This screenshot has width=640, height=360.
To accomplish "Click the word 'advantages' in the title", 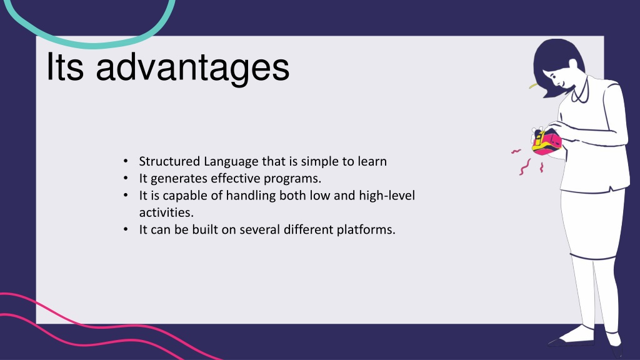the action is [x=192, y=68].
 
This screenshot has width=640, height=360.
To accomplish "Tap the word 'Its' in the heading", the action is [x=65, y=66].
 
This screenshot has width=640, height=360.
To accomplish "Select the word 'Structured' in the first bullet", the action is [x=169, y=161].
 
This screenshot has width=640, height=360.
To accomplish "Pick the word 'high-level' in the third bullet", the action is [x=387, y=196].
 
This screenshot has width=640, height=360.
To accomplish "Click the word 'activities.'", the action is [x=166, y=212].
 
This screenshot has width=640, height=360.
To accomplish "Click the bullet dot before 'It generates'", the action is [x=126, y=178].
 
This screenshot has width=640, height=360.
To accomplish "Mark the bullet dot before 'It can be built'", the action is [x=126, y=229].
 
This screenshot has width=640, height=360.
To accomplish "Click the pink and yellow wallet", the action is [x=547, y=142].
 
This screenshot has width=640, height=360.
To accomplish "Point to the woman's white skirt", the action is [x=592, y=224].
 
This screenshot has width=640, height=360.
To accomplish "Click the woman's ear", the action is [x=574, y=64].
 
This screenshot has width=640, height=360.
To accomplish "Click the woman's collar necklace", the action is [x=581, y=92].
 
